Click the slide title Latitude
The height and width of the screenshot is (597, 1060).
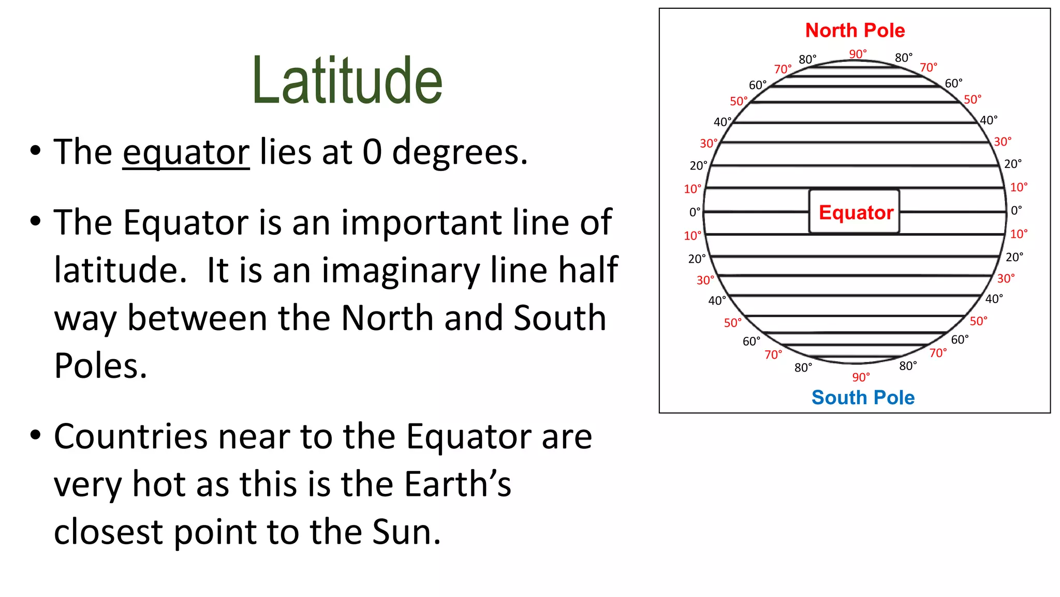(347, 81)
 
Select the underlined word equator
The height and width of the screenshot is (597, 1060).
(186, 152)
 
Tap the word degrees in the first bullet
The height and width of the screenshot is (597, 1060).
(460, 152)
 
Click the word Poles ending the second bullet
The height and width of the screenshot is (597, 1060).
(100, 366)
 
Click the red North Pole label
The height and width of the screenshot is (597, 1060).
(855, 31)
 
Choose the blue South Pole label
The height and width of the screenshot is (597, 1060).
(863, 397)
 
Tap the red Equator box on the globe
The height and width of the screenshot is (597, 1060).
(855, 212)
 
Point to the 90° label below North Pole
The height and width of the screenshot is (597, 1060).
(858, 54)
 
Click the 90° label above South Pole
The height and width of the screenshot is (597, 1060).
(861, 377)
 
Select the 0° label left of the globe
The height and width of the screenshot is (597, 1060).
(695, 212)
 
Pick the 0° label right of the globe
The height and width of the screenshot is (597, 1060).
(1016, 210)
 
